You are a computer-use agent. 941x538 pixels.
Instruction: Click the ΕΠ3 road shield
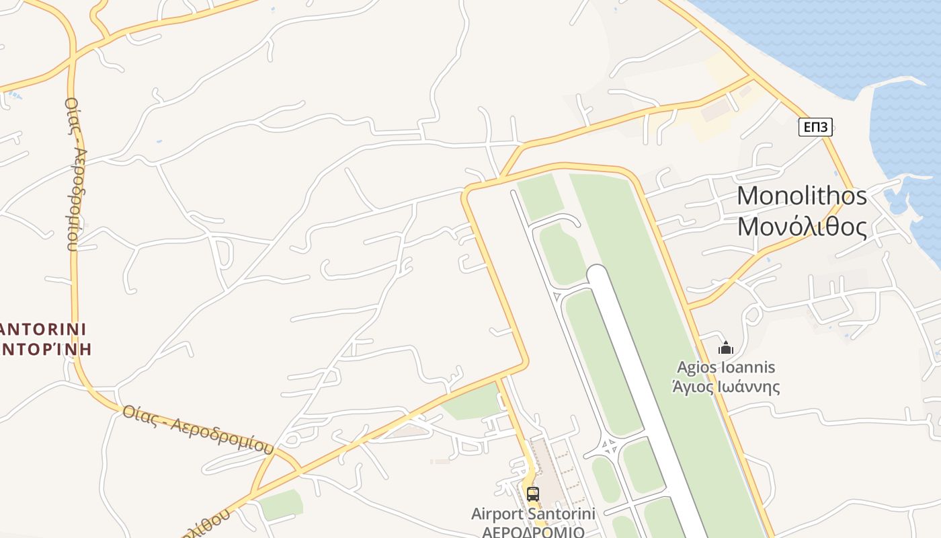[x=815, y=126]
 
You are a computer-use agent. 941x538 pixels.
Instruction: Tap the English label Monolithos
[x=802, y=196]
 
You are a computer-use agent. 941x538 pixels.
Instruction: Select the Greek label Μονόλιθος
[x=802, y=227]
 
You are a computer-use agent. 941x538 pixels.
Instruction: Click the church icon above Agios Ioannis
[x=725, y=348]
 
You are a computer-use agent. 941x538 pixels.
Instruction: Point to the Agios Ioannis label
[x=726, y=367]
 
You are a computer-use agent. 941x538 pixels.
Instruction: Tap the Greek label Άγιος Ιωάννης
[x=726, y=387]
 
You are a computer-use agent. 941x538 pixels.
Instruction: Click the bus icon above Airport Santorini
[x=533, y=494]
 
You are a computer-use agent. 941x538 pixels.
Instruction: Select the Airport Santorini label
[x=533, y=514]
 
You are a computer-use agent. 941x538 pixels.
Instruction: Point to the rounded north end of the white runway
[x=597, y=272]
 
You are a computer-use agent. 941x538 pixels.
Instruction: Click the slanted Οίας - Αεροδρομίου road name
[x=198, y=428]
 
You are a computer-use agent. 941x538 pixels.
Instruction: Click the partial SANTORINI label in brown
[x=44, y=329]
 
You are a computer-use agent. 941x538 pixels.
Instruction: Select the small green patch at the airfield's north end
[x=540, y=195]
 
